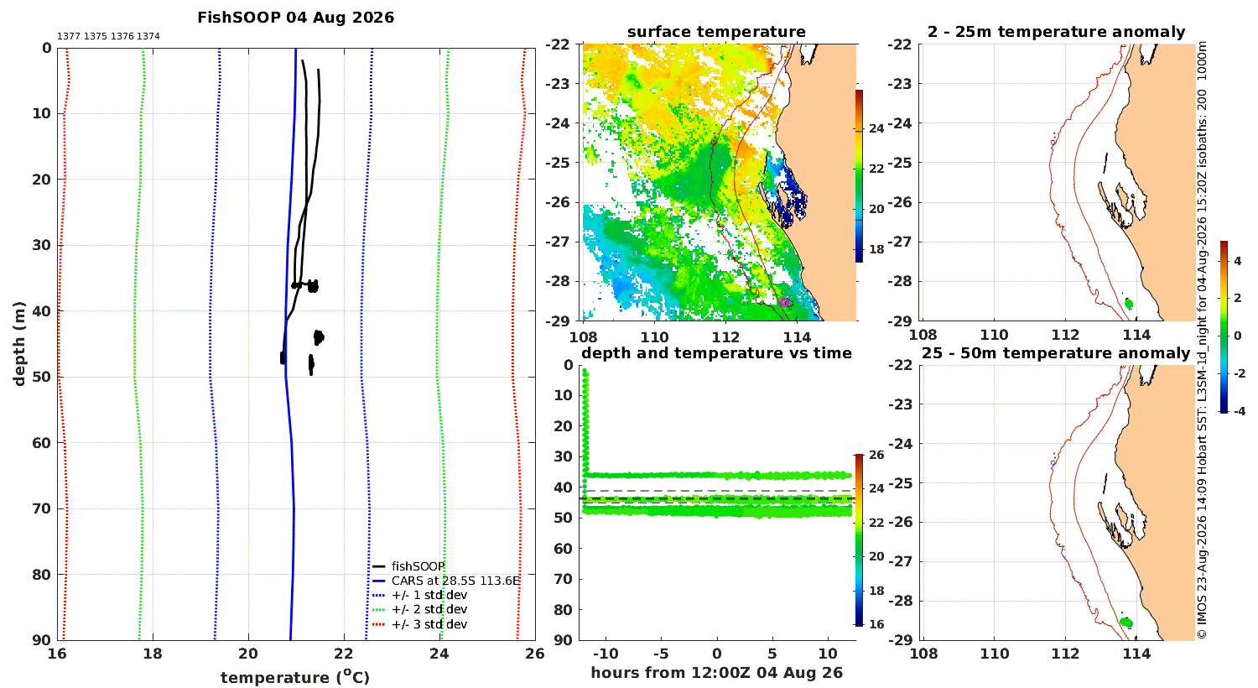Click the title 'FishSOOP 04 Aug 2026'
295,18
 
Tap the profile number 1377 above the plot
69,37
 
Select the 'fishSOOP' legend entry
418,566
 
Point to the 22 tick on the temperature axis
344,654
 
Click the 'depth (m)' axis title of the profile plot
19,344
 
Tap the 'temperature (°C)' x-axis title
295,677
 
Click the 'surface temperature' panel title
716,32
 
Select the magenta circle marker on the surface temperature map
784,302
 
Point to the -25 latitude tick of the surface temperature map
558,163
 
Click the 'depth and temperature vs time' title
716,353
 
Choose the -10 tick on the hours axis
606,654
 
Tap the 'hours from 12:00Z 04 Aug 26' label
716,673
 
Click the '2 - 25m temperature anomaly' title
1057,32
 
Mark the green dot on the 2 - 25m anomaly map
1129,304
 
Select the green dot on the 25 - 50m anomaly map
1126,623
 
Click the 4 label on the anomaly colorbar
1238,261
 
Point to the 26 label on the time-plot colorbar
876,455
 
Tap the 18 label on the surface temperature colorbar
876,249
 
